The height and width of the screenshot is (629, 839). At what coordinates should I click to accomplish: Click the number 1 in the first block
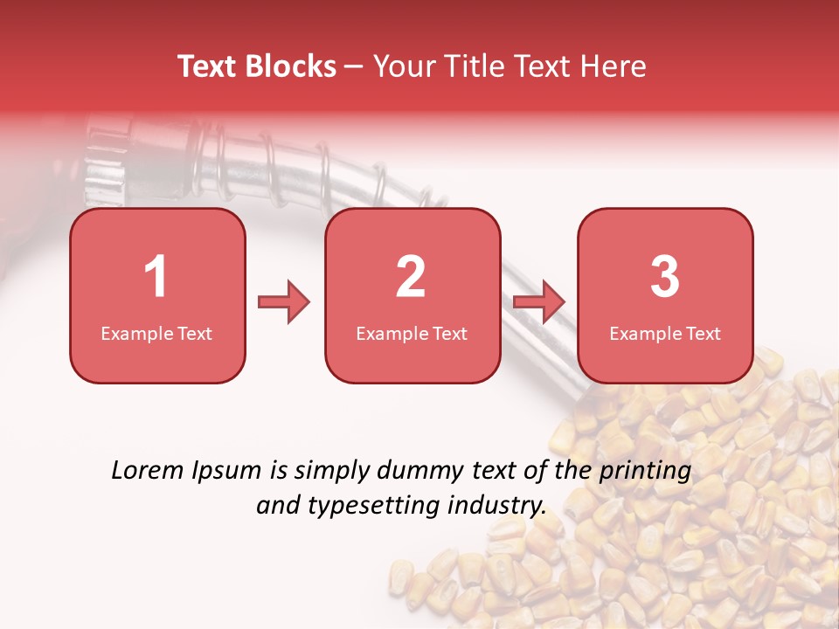point(156,277)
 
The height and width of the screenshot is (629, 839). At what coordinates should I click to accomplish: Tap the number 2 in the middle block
point(411,277)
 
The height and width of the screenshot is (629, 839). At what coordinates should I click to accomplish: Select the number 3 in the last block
point(665,277)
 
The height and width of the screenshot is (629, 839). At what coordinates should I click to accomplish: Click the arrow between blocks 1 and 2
point(284,302)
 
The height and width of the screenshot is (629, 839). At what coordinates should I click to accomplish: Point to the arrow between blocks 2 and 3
point(539,302)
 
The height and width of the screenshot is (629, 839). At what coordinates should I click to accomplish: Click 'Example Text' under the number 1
point(156,334)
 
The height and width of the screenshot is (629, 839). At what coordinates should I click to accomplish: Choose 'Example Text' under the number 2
point(412,334)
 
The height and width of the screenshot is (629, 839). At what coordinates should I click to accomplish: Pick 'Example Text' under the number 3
point(665,334)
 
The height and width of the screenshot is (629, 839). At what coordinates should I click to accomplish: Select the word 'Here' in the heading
point(615,66)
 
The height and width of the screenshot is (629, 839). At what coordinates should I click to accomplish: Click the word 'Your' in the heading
point(399,66)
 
